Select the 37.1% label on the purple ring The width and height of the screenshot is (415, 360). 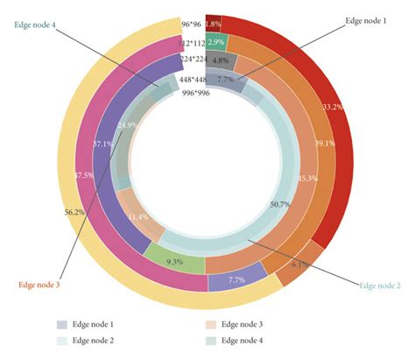pos(102,143)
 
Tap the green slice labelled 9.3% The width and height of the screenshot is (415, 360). pos(174,261)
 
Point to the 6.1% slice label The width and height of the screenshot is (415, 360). pos(296,264)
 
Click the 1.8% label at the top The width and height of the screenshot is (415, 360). pos(213,25)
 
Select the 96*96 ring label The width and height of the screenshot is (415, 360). pos(193,25)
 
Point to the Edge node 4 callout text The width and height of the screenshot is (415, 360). pos(37,25)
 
